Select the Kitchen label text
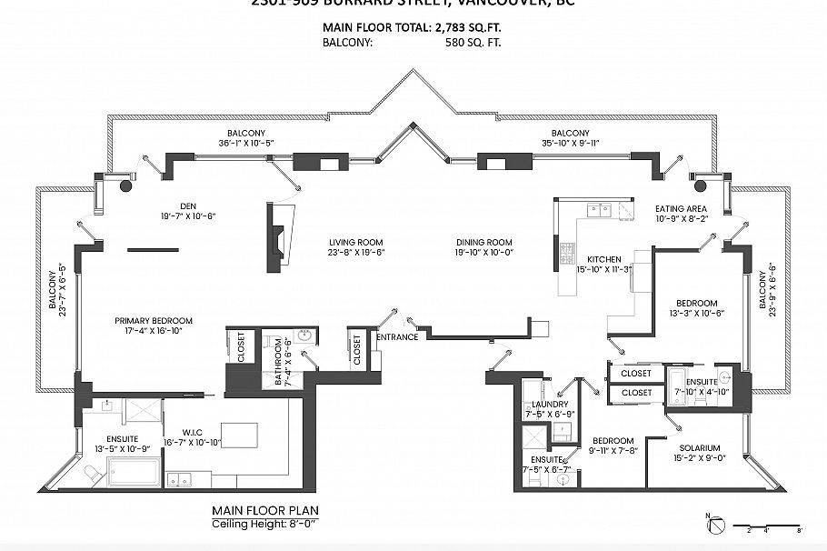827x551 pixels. pyautogui.click(x=603, y=259)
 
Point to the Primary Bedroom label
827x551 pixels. pyautogui.click(x=153, y=320)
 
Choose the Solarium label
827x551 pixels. pyautogui.click(x=698, y=447)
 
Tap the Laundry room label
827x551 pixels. pyautogui.click(x=552, y=404)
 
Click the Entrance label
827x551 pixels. pyautogui.click(x=397, y=337)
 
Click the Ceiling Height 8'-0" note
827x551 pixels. pyautogui.click(x=264, y=525)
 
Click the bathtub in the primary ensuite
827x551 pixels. pyautogui.click(x=134, y=472)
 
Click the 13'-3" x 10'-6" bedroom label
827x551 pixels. pyautogui.click(x=696, y=308)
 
